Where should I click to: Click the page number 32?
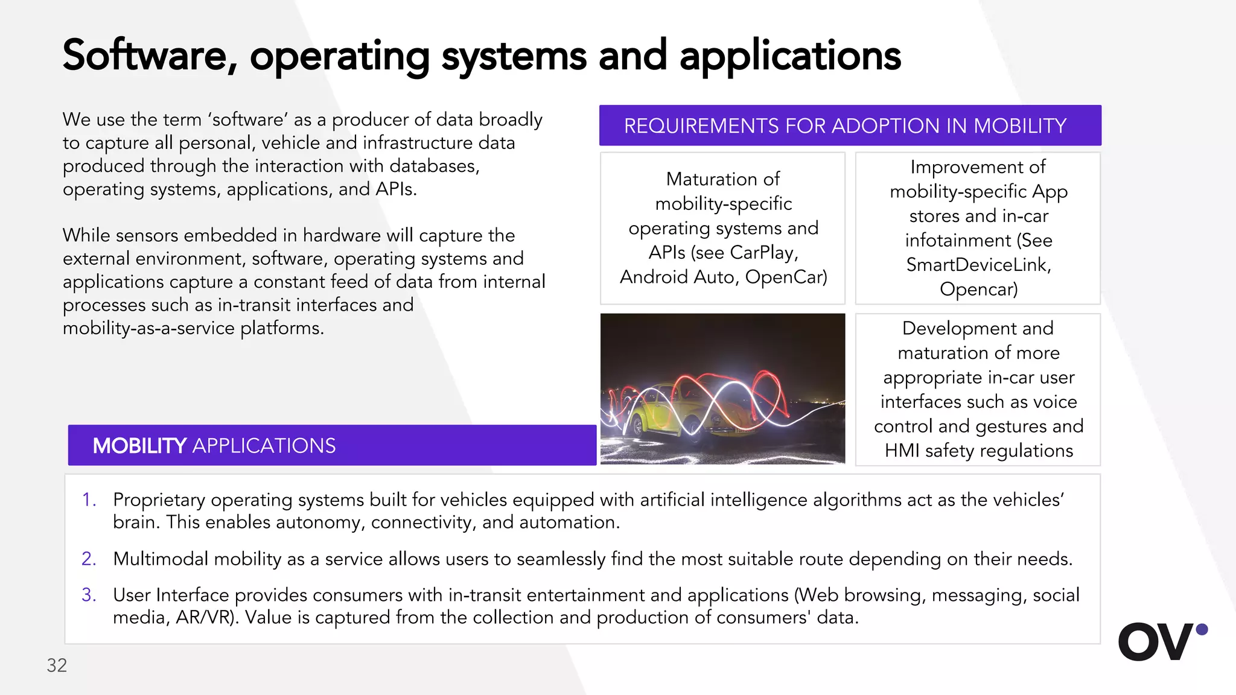pos(57,665)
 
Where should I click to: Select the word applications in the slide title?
pos(790,56)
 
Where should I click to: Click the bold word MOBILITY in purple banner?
pos(139,446)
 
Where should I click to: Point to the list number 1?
pos(89,500)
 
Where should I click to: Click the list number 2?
pos(89,559)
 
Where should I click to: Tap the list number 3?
pos(89,595)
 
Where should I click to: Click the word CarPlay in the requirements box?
pos(763,252)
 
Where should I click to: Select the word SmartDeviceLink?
pos(978,265)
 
